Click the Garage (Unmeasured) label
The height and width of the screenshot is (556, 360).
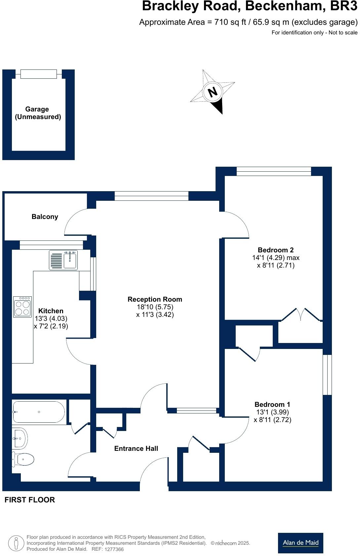pyautogui.click(x=38, y=113)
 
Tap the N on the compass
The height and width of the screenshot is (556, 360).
pyautogui.click(x=213, y=92)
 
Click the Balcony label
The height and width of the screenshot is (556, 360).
pyautogui.click(x=45, y=217)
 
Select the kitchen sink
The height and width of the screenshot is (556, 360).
pyautogui.click(x=64, y=260)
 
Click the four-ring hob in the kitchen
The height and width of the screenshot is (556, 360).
pyautogui.click(x=22, y=307)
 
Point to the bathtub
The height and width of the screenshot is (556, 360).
pyautogui.click(x=38, y=412)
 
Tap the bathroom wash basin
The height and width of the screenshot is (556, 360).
pyautogui.click(x=20, y=438)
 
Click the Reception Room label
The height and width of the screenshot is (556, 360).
pyautogui.click(x=155, y=299)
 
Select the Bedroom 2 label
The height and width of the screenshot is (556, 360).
pyautogui.click(x=275, y=250)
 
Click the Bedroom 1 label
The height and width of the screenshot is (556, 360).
pyautogui.click(x=272, y=404)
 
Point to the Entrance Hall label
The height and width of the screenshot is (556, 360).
pyautogui.click(x=136, y=449)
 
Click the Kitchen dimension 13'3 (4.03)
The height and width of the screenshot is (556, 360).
pyautogui.click(x=51, y=319)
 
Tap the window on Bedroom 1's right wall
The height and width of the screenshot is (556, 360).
pyautogui.click(x=327, y=375)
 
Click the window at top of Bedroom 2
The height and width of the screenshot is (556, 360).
pyautogui.click(x=274, y=171)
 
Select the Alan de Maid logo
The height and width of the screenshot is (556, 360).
pyautogui.click(x=300, y=543)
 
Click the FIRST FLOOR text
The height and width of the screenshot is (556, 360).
pyautogui.click(x=30, y=500)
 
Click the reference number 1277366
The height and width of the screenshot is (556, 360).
pyautogui.click(x=114, y=549)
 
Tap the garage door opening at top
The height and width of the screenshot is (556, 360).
pyautogui.click(x=38, y=74)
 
